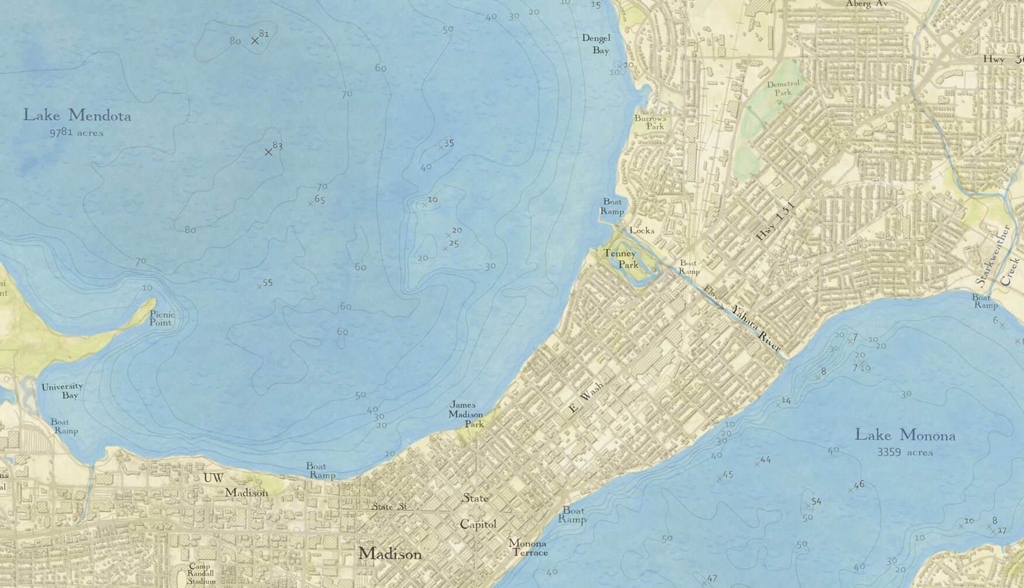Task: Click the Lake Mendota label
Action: [77, 115]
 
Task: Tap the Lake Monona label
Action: [905, 435]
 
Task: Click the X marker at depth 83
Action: [268, 152]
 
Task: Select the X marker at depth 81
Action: [255, 40]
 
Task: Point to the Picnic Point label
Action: [162, 318]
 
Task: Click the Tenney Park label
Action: [621, 259]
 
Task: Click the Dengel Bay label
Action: [596, 44]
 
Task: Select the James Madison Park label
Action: [466, 414]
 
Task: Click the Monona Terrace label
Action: [528, 548]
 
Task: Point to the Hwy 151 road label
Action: [776, 221]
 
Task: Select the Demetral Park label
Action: [783, 88]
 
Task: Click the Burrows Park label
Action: [650, 122]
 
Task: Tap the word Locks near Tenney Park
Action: [642, 230]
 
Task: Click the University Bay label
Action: [62, 391]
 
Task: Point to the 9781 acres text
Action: [76, 133]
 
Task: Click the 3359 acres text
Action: [905, 452]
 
